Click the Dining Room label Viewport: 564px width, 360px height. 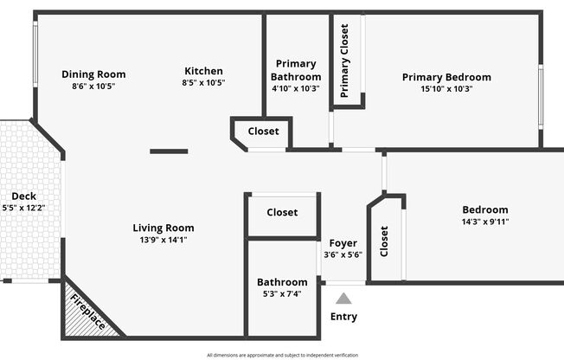pos(93,74)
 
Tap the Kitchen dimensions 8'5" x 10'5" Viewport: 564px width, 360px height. pos(203,82)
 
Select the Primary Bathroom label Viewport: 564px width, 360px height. pos(296,70)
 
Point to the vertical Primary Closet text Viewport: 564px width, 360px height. pos(344,61)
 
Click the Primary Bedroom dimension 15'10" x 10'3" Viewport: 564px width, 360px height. pos(446,88)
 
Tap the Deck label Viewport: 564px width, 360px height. pos(23,196)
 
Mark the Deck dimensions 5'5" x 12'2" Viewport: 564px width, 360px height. pos(23,208)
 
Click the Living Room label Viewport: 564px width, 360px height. pos(163,228)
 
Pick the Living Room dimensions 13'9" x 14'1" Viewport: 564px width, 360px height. pos(163,240)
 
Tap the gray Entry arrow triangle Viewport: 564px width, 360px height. pos(343,299)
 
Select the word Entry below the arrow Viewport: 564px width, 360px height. pos(344,317)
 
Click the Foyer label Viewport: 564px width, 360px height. pos(343,243)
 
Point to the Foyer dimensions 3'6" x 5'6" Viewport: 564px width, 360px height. pos(343,255)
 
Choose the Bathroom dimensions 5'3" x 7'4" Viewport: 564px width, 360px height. pos(282,293)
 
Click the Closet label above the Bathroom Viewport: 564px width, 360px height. pos(282,212)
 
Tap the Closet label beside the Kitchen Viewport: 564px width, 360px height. pos(263,131)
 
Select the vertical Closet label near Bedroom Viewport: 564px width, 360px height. pos(384,241)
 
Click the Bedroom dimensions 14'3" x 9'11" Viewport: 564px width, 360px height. pos(485,222)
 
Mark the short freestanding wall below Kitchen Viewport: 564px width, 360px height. pos(169,151)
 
